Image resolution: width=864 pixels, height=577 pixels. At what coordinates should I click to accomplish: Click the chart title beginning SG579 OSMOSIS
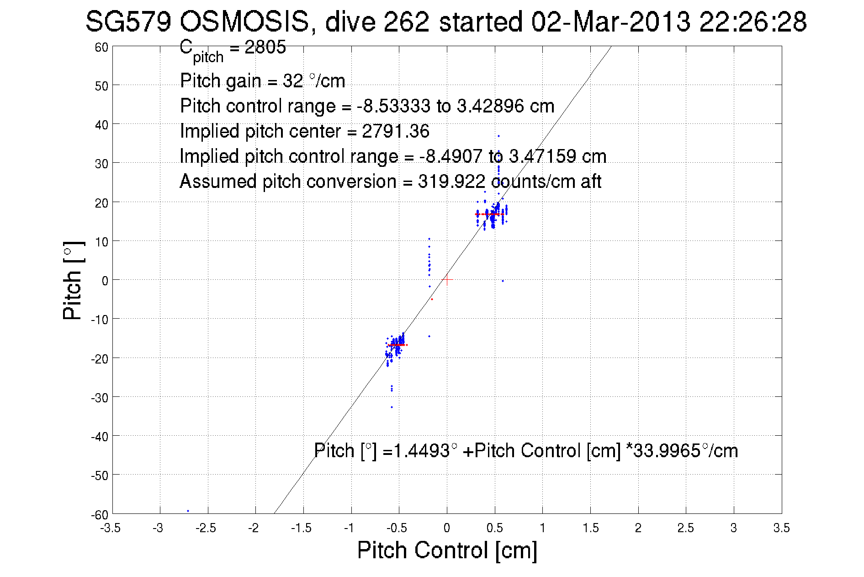pos(446,21)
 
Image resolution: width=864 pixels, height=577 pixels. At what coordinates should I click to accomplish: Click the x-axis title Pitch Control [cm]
pos(447,550)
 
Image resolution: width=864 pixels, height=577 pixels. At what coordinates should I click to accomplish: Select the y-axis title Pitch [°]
pos(73,280)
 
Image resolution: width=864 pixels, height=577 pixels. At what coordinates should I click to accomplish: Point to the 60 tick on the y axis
pos(101,47)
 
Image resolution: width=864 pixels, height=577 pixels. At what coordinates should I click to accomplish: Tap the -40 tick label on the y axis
pos(99,437)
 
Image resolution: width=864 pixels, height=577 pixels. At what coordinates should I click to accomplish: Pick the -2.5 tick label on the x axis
pos(206,528)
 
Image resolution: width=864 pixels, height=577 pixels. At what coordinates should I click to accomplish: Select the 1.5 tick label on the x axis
pos(590,528)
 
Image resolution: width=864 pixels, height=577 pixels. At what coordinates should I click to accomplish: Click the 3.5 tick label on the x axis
pos(781,528)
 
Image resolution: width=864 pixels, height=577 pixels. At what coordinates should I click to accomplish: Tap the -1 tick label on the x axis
pos(349,528)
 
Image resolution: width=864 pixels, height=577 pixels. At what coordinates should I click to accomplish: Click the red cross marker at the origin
pos(447,279)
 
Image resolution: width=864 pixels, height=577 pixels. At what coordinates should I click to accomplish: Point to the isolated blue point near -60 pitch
pos(188,511)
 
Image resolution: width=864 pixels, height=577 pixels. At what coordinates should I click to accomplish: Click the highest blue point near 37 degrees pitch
pos(498,136)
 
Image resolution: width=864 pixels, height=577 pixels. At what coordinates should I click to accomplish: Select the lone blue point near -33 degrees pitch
pos(392,407)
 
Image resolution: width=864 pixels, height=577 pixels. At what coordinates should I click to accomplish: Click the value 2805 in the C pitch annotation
pos(265,47)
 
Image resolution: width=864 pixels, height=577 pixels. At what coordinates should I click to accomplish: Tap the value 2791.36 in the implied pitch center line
pos(396,131)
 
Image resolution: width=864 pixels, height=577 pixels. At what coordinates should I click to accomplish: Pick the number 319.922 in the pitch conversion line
pos(451,182)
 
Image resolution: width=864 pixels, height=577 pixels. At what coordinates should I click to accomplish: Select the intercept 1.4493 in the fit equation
pos(421,451)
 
